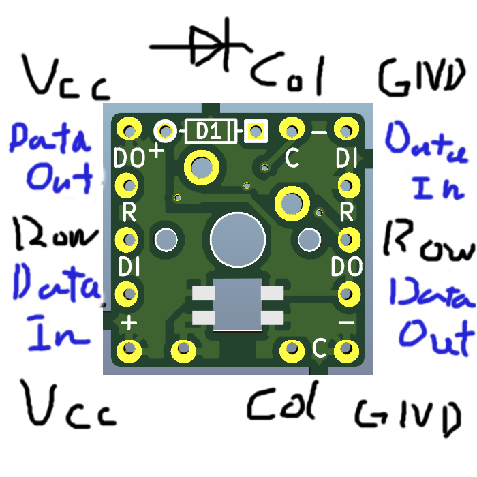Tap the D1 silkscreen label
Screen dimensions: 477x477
[210, 131]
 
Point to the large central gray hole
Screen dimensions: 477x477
[237, 238]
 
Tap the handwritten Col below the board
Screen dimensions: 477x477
[283, 403]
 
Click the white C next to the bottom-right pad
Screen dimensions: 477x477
[318, 348]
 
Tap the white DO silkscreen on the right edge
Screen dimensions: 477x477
[345, 265]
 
